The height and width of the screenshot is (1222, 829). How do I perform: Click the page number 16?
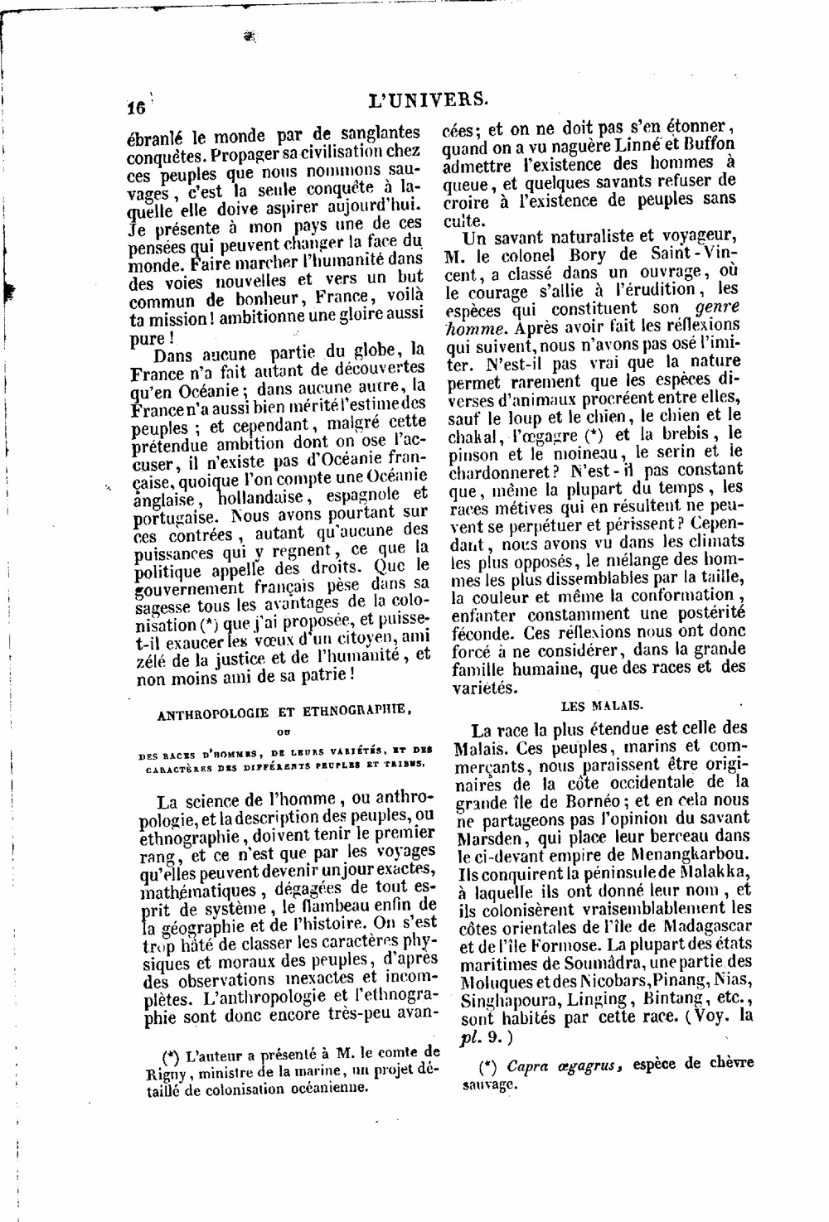(x=136, y=108)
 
